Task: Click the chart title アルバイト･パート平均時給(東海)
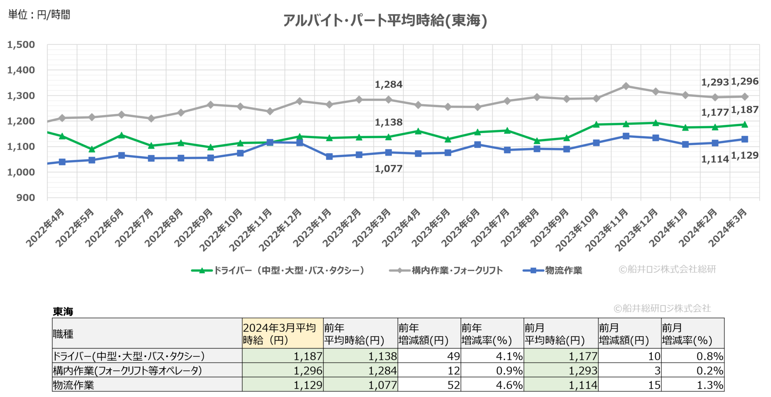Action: click(385, 20)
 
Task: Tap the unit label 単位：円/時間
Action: click(39, 15)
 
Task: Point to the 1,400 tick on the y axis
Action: click(21, 70)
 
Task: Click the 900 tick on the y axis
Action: click(25, 198)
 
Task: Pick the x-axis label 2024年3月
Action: click(728, 228)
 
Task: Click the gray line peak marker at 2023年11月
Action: click(626, 86)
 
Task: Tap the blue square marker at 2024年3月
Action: click(745, 139)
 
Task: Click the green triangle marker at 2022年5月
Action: click(92, 149)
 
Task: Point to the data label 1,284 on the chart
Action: click(389, 84)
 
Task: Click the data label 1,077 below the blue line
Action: click(389, 169)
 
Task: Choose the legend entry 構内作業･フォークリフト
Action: click(446, 270)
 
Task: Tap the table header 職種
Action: click(63, 334)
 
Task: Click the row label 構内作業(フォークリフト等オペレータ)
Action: click(127, 371)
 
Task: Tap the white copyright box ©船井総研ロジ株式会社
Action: click(663, 308)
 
